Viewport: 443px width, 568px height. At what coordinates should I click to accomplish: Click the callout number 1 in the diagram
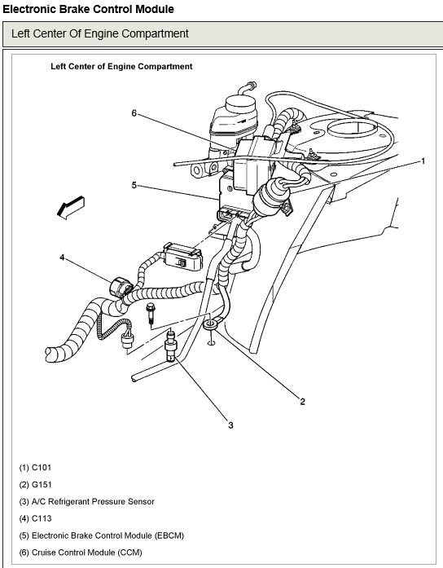[x=423, y=161]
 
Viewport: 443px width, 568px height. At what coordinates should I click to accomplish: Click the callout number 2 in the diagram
[x=302, y=401]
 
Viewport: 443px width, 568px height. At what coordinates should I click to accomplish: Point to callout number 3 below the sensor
[x=230, y=425]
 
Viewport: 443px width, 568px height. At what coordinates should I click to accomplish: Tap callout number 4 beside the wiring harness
[x=61, y=258]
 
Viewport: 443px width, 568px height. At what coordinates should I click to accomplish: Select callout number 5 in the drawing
[x=134, y=185]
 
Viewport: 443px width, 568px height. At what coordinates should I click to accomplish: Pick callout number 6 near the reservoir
[x=134, y=113]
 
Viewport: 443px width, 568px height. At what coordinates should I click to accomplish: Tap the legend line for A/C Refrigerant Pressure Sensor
[x=86, y=501]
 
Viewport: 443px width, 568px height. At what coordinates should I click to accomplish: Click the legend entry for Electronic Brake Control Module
[x=103, y=535]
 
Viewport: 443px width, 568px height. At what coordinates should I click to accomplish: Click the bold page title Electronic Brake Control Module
[x=87, y=9]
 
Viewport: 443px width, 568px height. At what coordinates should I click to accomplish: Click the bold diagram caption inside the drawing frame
[x=121, y=67]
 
